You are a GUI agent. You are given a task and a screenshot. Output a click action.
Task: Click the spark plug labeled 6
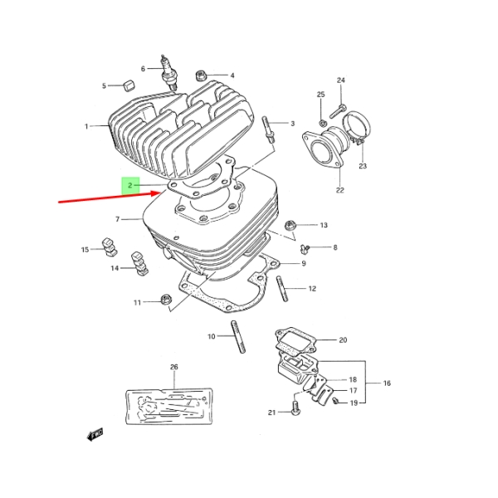pos(169,71)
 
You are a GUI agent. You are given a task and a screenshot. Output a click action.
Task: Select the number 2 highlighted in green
pos(130,185)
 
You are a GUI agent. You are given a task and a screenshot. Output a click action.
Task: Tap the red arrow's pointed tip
pos(162,193)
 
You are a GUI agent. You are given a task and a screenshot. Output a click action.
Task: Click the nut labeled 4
pos(200,76)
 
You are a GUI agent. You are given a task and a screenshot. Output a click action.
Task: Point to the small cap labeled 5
pos(129,85)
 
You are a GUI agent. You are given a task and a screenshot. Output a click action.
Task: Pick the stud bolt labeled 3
pos(267,129)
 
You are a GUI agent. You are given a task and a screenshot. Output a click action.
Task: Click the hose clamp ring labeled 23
pos(356,126)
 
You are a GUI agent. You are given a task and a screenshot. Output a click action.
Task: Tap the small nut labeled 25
pos(321,122)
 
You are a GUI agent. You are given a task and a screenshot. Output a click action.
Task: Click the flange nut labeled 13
pos(290,226)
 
